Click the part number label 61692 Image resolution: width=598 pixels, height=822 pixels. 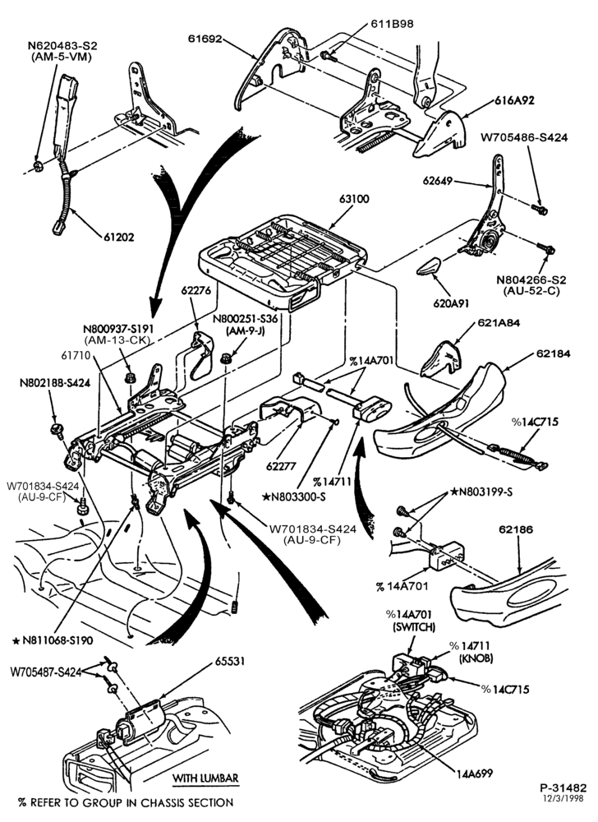pos(205,39)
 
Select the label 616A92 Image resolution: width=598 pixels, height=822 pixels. pos(513,100)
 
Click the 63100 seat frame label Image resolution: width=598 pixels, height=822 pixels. pos(354,199)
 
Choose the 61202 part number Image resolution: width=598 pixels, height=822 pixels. pos(118,237)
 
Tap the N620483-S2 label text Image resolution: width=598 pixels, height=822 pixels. pos(62,46)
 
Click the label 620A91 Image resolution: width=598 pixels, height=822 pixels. pos(451,303)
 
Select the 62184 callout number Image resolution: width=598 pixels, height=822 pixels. pos(553,353)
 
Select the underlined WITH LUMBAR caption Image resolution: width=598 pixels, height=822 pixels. pos(205,778)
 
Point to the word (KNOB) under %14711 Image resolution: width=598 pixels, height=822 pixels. pos(475,658)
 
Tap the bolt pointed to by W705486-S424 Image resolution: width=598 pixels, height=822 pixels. pos(540,209)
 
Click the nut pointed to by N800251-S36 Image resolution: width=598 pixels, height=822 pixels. pos(226,358)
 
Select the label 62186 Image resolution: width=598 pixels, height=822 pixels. pos(516,529)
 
